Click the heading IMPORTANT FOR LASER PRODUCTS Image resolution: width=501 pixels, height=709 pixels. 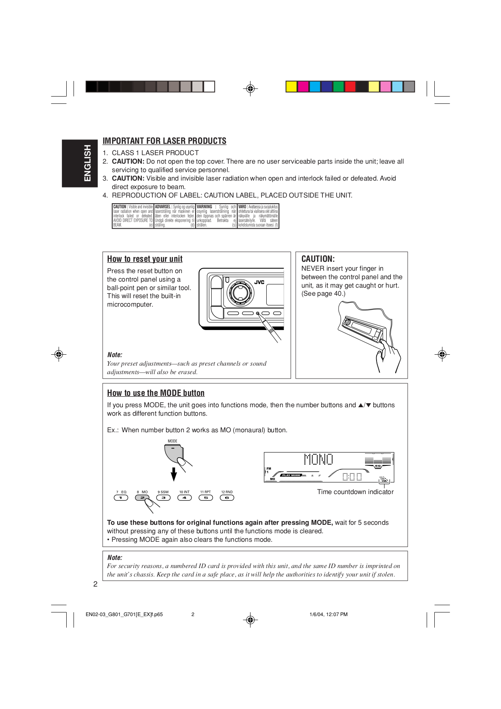pyautogui.click(x=164, y=141)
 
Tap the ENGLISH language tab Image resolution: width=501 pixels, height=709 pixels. pyautogui.click(x=80, y=163)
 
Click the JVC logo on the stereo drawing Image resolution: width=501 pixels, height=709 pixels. pyautogui.click(x=259, y=282)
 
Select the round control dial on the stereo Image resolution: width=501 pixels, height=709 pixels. pyautogui.click(x=240, y=291)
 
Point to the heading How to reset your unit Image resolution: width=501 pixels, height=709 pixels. pyautogui.click(x=145, y=259)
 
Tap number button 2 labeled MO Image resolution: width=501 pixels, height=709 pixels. pyautogui.click(x=142, y=498)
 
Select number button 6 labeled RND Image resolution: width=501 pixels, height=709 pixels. pyautogui.click(x=227, y=498)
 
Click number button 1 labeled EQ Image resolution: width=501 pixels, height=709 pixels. pyautogui.click(x=121, y=498)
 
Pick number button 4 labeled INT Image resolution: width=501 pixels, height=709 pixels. pyautogui.click(x=184, y=498)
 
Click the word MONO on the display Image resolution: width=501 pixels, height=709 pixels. pyautogui.click(x=318, y=459)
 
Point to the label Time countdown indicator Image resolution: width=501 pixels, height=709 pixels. pyautogui.click(x=355, y=492)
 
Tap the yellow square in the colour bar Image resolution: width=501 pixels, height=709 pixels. pyautogui.click(x=291, y=86)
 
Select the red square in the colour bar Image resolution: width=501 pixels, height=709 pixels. pyautogui.click(x=350, y=86)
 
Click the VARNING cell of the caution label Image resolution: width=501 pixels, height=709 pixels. pyautogui.click(x=216, y=216)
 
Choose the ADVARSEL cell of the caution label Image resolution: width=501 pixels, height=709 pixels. pyautogui.click(x=175, y=216)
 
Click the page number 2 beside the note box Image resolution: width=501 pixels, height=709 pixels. pyautogui.click(x=95, y=584)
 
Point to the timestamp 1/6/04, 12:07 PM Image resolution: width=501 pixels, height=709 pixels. pyautogui.click(x=328, y=614)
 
